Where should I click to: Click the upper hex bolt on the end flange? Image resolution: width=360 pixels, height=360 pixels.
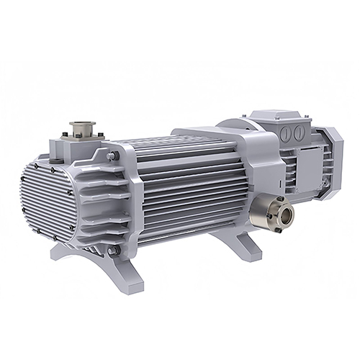pyautogui.click(x=109, y=156)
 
